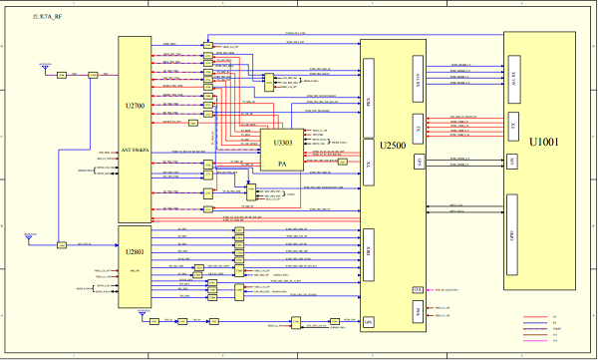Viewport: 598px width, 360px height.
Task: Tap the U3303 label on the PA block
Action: click(x=280, y=144)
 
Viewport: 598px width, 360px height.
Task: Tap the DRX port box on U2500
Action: click(x=369, y=248)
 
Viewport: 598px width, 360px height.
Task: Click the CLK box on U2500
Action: click(x=418, y=289)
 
